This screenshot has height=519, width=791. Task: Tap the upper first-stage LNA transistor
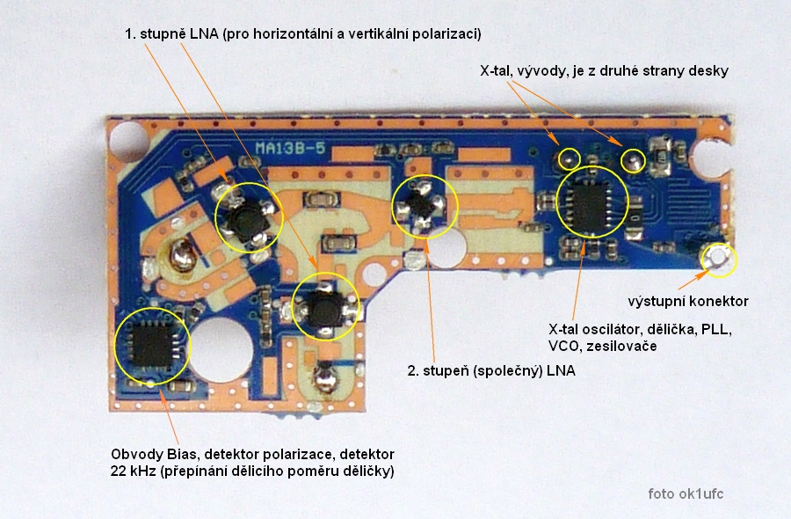[248, 216]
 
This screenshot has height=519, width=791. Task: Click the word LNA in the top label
[206, 34]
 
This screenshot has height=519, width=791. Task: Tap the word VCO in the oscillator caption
[563, 347]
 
